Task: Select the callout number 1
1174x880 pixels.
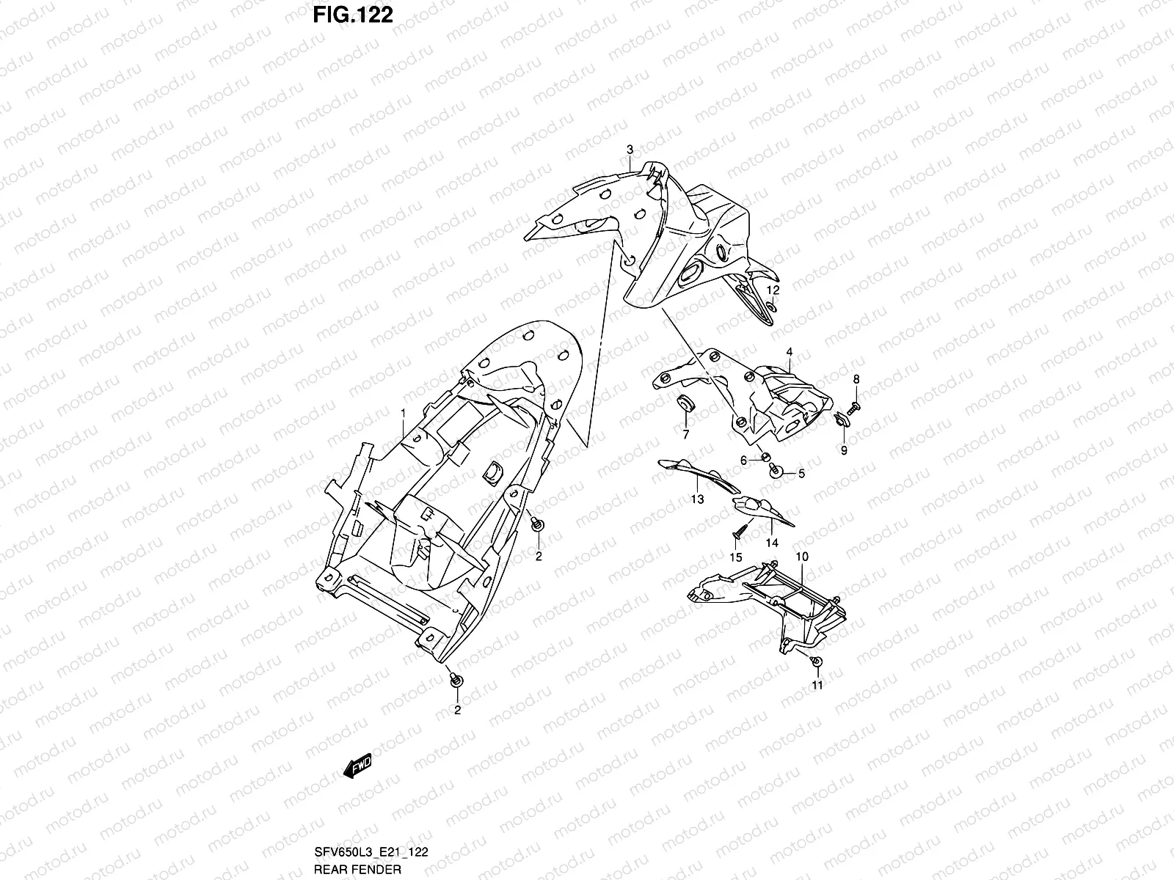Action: tap(403, 414)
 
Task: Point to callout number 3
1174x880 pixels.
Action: tap(630, 150)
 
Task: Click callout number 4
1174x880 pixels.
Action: tap(790, 352)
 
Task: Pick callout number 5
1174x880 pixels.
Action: tap(801, 474)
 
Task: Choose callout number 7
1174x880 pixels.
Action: tap(686, 436)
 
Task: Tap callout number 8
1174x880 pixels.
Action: tap(856, 379)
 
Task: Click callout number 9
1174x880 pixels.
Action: tap(844, 450)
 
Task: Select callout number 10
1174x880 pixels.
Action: tap(802, 557)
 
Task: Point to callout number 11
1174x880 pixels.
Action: tap(817, 685)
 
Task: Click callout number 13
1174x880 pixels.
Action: tap(697, 499)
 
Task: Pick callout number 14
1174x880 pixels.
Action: tap(772, 543)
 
